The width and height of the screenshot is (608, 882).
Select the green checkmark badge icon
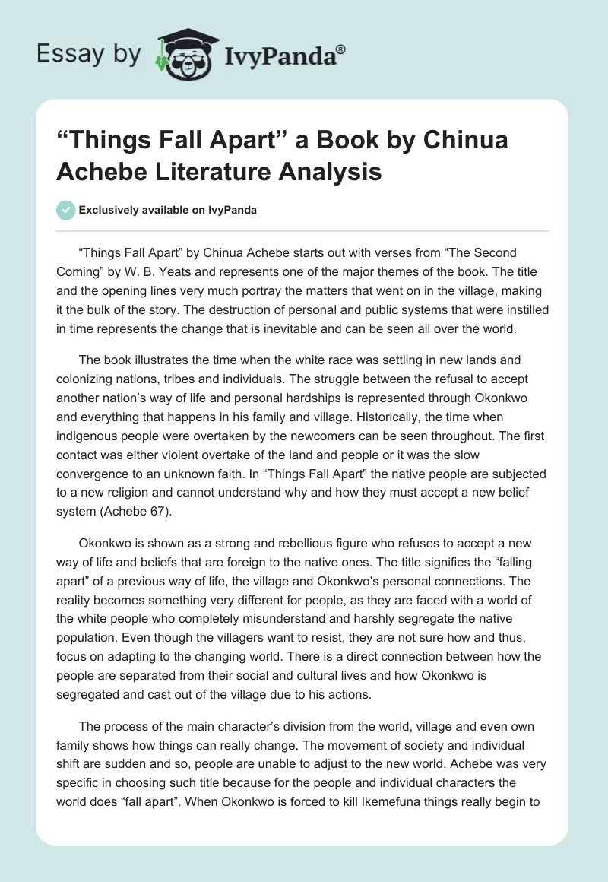coord(65,210)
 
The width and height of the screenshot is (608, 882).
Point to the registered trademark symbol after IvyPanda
coord(340,48)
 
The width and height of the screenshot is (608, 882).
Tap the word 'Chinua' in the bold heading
coord(463,141)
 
